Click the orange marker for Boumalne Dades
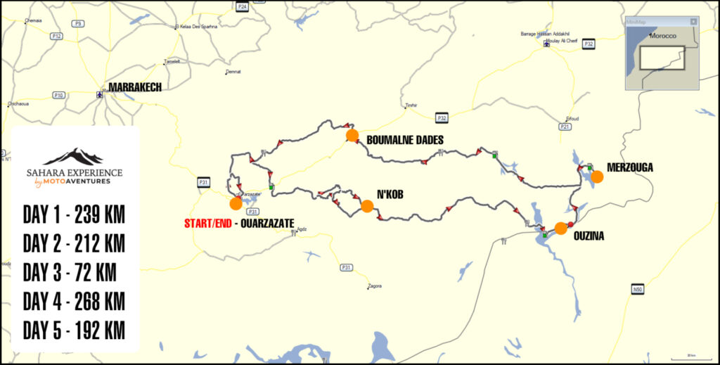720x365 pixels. click(352, 135)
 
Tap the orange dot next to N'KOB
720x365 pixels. click(367, 206)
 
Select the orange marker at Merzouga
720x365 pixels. click(597, 177)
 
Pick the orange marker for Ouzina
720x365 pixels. click(561, 228)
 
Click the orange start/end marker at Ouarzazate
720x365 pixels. click(236, 203)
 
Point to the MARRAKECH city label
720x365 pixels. click(134, 87)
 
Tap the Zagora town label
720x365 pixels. click(374, 286)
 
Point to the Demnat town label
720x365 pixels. click(233, 72)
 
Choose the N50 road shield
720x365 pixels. click(638, 289)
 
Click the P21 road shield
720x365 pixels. click(565, 127)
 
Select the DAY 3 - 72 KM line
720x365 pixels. click(70, 271)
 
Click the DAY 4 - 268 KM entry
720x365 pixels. click(74, 301)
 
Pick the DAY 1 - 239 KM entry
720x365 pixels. click(74, 214)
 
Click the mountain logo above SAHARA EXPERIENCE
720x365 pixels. click(73, 156)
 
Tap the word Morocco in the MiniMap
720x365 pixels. click(662, 35)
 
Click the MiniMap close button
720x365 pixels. click(693, 22)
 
